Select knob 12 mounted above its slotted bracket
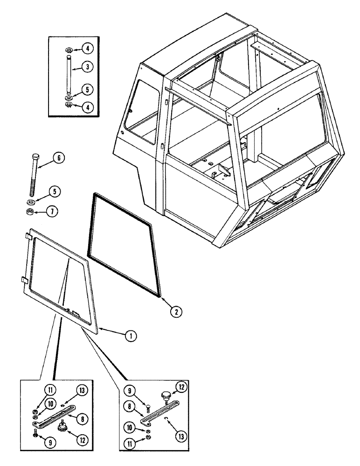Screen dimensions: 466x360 point(166,397)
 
